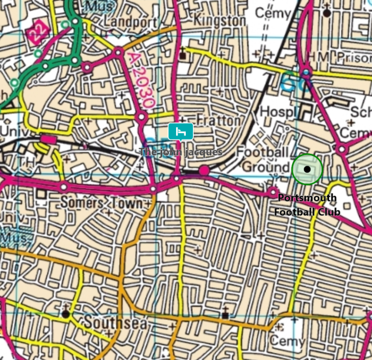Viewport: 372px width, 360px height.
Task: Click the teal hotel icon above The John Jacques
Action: pos(181,132)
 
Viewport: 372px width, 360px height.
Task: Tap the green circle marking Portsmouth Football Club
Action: pos(307,169)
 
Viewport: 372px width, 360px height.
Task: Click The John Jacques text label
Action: pos(181,152)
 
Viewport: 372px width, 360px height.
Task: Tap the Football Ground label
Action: pos(264,159)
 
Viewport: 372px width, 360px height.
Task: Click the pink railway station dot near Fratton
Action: pos(204,171)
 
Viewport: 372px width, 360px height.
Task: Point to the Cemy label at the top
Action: pos(272,12)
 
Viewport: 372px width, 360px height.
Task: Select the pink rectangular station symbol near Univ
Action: pos(49,139)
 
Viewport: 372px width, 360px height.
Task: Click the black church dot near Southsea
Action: pos(65,314)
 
